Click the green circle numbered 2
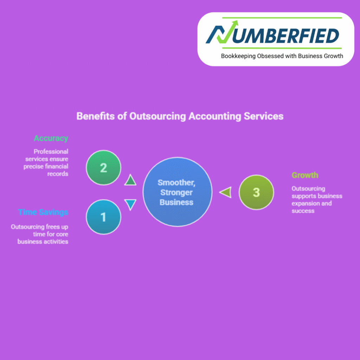pos(104,168)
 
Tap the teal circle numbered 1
pos(104,217)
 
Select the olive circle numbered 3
pos(256,192)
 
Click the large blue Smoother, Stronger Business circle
pos(178,192)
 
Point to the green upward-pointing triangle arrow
pos(130,180)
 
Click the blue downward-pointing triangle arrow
pos(130,204)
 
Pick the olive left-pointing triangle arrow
pos(226,192)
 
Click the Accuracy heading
pos(51,138)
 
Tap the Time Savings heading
pos(43,212)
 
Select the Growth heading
pos(305,175)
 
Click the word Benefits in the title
pos(96,116)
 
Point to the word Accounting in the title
pos(215,116)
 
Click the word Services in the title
pos(264,116)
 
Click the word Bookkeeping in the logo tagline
pos(238,56)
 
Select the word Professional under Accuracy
pos(51,152)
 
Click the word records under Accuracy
pos(58,174)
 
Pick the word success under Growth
pos(303,211)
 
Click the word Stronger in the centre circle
pos(176,193)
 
